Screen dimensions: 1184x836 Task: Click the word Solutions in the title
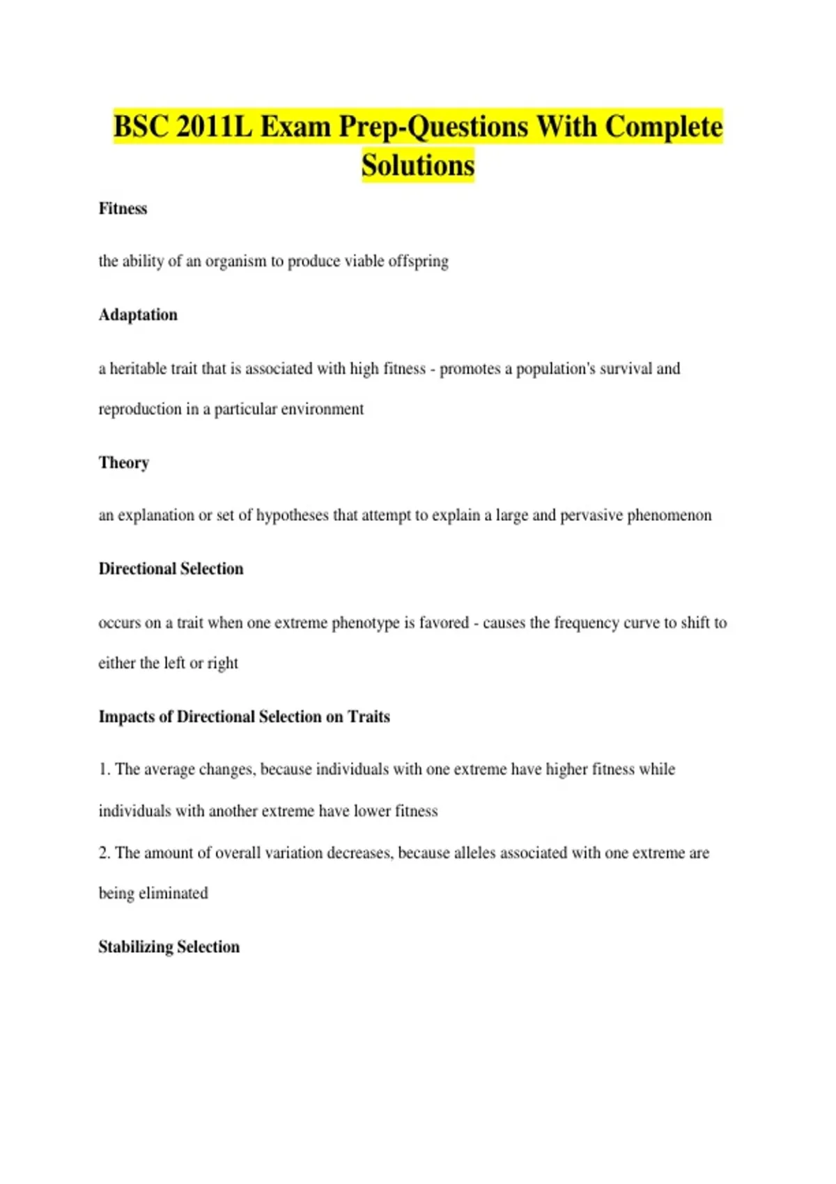[418, 166]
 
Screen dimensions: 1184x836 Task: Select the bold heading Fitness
[123, 208]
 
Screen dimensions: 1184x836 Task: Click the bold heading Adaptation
[138, 315]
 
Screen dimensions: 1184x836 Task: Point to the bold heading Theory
[124, 462]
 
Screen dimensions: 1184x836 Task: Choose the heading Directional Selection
[171, 569]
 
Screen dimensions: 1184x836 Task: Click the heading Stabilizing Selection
[169, 947]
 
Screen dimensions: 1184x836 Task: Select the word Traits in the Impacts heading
[369, 717]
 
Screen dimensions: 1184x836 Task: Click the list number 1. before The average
[104, 770]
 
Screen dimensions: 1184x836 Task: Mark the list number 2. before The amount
[104, 853]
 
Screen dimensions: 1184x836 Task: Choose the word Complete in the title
[663, 127]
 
